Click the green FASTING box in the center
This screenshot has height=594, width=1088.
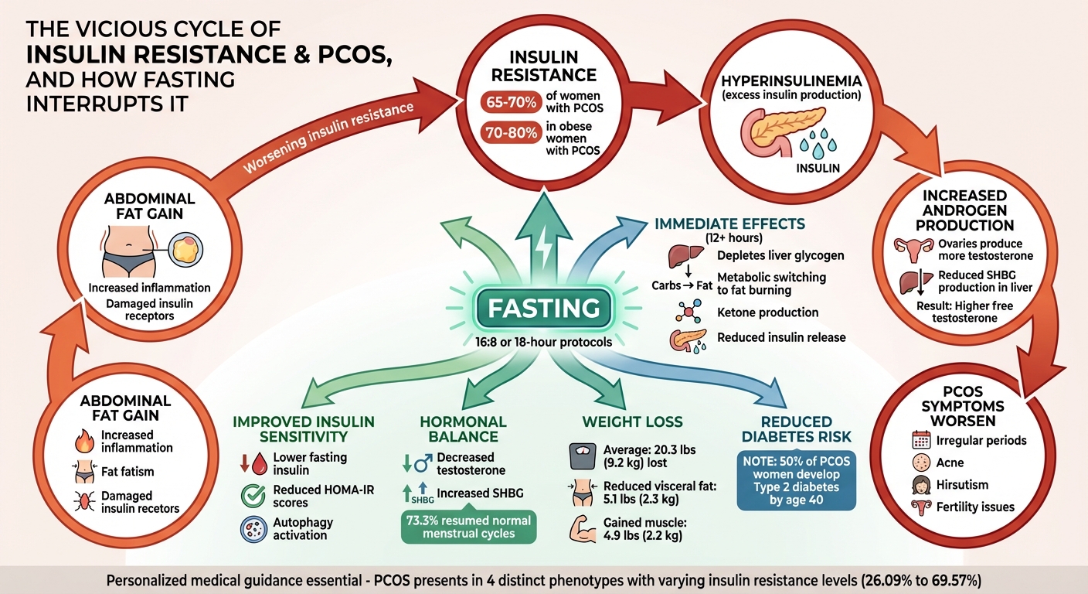click(543, 308)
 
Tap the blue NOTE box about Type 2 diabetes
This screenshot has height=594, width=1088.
click(796, 481)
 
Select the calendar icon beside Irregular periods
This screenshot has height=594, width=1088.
click(921, 440)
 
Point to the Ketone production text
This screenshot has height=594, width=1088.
click(767, 312)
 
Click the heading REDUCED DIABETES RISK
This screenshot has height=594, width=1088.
click(796, 428)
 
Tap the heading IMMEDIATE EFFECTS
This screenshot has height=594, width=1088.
click(729, 224)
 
